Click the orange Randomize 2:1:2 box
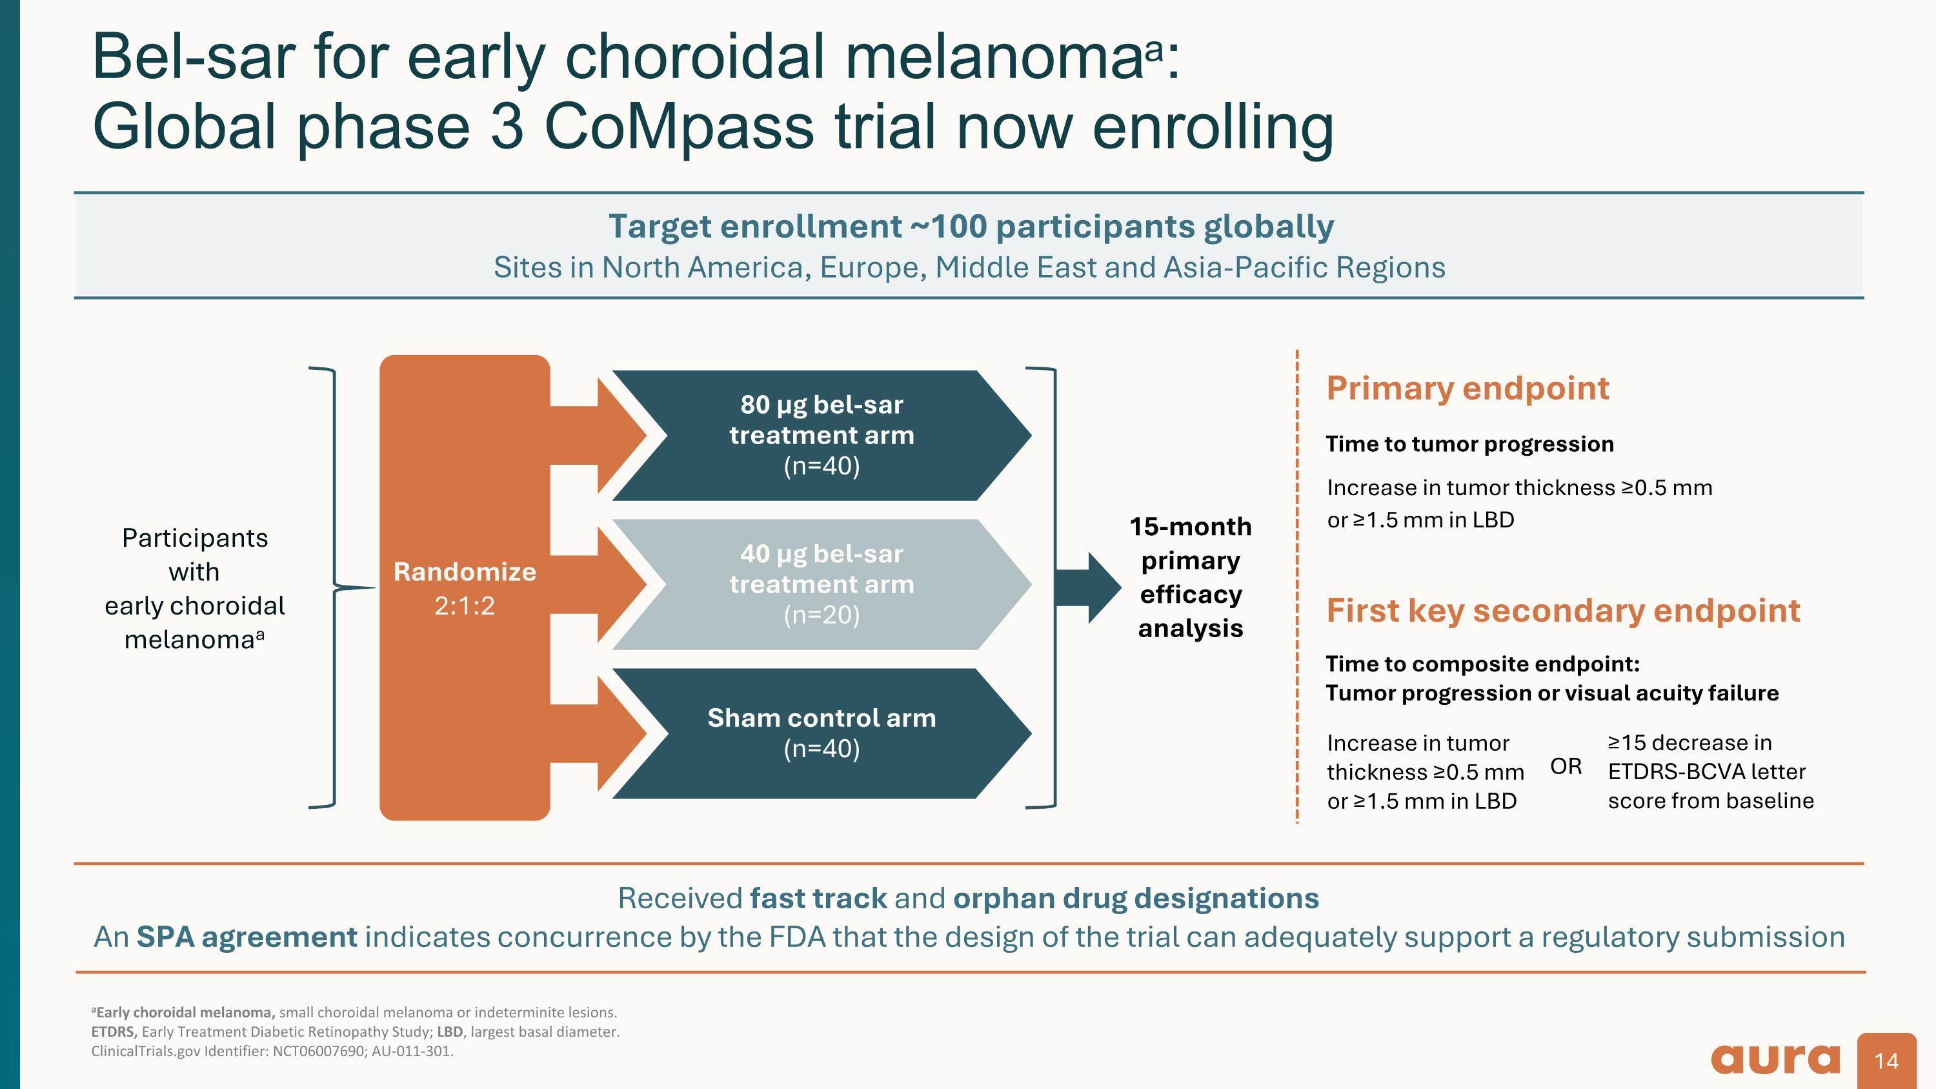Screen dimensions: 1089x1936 point(465,587)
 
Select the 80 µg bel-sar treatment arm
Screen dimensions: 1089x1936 point(822,435)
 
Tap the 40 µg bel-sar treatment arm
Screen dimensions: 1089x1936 point(822,584)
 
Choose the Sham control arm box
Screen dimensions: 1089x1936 point(822,733)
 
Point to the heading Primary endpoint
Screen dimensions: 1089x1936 point(1467,389)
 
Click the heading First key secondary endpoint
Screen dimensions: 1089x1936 point(1562,610)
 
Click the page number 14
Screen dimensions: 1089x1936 point(1886,1061)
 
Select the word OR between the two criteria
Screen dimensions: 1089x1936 point(1566,767)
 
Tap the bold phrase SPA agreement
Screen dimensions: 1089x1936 point(247,937)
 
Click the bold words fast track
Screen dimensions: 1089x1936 point(818,898)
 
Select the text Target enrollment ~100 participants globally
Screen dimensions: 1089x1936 point(970,226)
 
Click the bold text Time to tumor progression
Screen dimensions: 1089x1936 point(1469,444)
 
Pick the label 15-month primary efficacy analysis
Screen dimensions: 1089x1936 point(1191,577)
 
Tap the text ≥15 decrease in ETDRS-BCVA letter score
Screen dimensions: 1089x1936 point(1709,772)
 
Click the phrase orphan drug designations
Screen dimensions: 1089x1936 point(1136,898)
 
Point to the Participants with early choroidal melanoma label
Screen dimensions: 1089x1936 point(195,589)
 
